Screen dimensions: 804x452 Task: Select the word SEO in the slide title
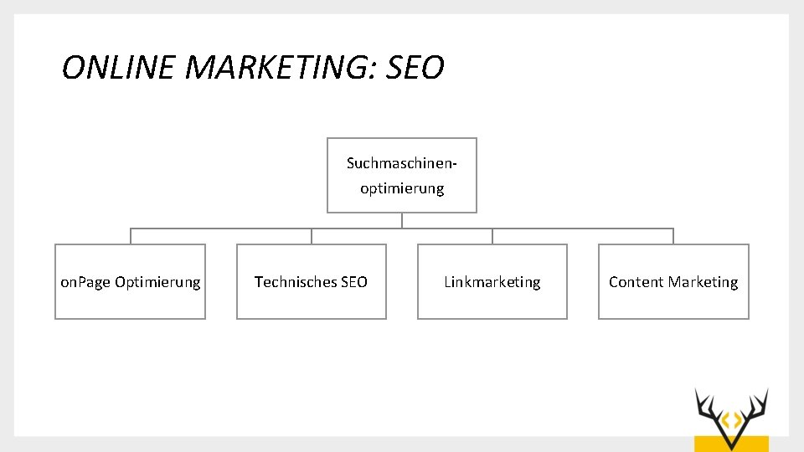[415, 68]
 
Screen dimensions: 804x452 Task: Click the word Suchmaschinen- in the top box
[402, 163]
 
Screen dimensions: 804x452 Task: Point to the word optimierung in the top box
[402, 188]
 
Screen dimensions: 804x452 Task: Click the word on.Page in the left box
[85, 282]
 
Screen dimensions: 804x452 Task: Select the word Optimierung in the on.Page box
[157, 282]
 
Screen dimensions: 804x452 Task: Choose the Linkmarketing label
[492, 282]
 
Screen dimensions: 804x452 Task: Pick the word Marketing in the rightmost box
[705, 282]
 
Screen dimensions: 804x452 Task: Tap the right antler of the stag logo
[755, 405]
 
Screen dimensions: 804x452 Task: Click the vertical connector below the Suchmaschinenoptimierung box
[402, 220]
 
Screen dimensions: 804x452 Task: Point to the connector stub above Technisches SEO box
[312, 236]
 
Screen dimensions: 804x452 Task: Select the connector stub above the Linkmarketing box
[492, 236]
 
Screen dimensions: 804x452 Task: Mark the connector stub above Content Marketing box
[673, 236]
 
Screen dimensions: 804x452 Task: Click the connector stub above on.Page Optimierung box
[131, 236]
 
